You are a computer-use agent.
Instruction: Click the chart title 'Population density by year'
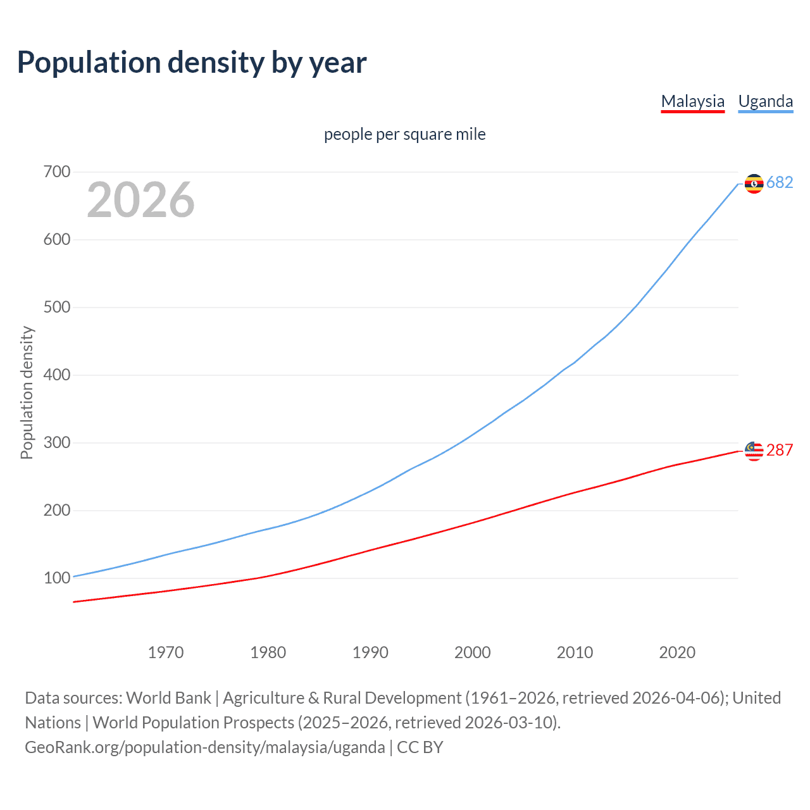click(x=192, y=63)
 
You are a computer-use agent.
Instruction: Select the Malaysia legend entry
click(x=692, y=101)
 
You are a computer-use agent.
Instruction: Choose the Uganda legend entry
click(x=765, y=101)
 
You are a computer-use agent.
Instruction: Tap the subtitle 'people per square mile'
click(x=404, y=134)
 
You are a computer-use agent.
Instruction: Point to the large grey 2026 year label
click(x=140, y=200)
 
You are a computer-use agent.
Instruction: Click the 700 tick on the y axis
click(x=57, y=172)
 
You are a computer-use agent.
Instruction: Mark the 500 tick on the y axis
click(x=57, y=308)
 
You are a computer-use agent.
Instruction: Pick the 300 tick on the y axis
click(x=57, y=443)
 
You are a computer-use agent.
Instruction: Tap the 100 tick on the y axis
click(x=57, y=578)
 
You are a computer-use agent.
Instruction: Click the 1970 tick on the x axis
click(x=166, y=652)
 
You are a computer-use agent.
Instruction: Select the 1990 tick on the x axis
click(x=370, y=652)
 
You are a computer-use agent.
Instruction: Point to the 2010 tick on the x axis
click(x=575, y=652)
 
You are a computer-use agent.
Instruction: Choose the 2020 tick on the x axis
click(x=677, y=652)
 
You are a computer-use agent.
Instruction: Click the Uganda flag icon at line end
click(x=754, y=184)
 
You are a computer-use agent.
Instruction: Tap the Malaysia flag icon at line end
click(x=754, y=451)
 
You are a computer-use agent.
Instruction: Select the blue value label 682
click(x=780, y=183)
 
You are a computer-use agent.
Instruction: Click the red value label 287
click(x=780, y=451)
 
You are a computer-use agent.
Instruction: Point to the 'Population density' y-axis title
click(x=27, y=392)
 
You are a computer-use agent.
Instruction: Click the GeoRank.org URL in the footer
click(x=204, y=747)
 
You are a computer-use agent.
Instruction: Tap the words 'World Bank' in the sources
click(x=168, y=698)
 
